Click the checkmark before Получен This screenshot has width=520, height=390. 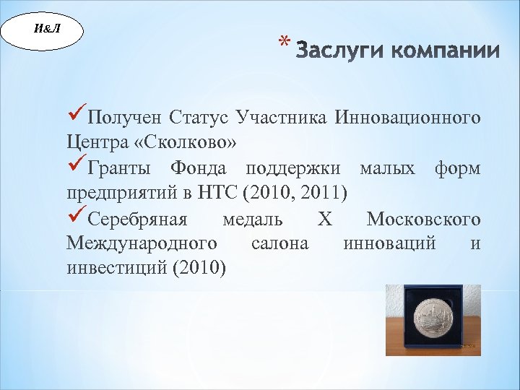[x=75, y=116]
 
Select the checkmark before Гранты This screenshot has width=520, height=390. [x=75, y=168]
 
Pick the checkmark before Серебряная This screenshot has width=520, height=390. [x=75, y=218]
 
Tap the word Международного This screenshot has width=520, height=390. [x=142, y=244]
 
